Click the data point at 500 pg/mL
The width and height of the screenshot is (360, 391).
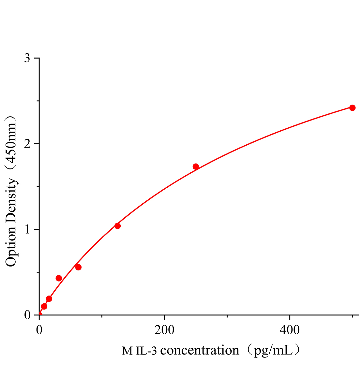[352, 108]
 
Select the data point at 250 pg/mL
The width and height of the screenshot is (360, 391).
[196, 167]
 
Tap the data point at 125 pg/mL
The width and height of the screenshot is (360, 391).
[117, 226]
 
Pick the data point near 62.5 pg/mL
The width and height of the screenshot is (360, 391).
[78, 267]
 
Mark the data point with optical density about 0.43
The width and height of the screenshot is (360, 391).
[59, 278]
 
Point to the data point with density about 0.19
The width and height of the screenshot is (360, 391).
[49, 298]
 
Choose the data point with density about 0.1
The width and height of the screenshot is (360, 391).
[44, 306]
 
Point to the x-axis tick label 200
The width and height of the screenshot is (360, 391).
[164, 330]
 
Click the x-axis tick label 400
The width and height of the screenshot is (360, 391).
[290, 330]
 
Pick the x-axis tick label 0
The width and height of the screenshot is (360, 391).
[39, 330]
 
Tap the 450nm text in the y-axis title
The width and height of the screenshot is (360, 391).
[11, 140]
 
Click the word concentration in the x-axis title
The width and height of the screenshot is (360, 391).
[200, 351]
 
